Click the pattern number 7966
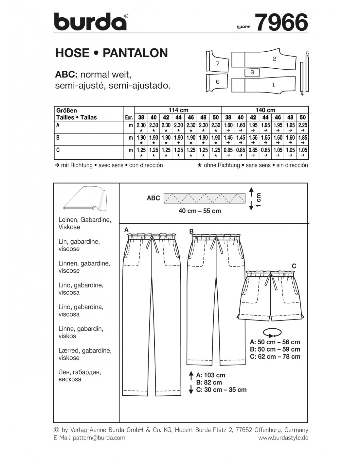[x=281, y=23]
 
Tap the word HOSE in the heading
[x=72, y=53]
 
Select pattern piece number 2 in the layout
[x=274, y=59]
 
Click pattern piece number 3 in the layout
[x=252, y=72]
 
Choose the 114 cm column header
[x=178, y=110]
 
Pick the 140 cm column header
[x=265, y=110]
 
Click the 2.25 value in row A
[x=302, y=125]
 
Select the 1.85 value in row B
[x=302, y=138]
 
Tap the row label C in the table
[x=58, y=150]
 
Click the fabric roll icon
[x=84, y=199]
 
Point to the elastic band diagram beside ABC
[x=205, y=198]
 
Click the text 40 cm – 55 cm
[x=200, y=211]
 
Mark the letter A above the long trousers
[x=126, y=230]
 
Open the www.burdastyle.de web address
[x=283, y=438]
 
